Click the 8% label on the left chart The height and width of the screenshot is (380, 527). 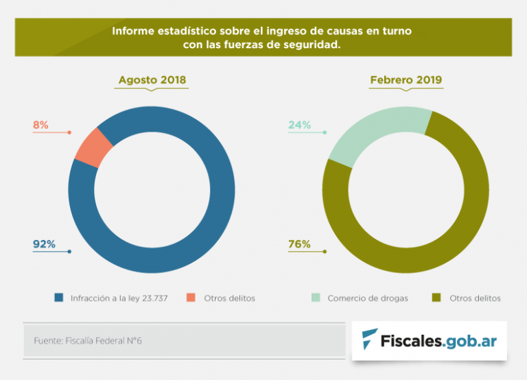40,125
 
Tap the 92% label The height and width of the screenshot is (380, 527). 44,244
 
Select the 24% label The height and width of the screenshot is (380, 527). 299,125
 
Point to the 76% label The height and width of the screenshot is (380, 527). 299,244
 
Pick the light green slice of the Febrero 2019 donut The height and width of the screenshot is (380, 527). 374,134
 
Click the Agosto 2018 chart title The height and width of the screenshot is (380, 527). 152,80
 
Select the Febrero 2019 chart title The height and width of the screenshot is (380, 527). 406,80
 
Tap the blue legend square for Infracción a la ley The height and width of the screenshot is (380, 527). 59,298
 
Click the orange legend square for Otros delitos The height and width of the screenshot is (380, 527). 191,298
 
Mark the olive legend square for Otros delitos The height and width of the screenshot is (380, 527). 436,298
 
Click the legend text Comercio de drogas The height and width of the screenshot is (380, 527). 368,298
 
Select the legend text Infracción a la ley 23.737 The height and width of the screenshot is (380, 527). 119,298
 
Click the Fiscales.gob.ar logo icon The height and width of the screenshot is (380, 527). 370,340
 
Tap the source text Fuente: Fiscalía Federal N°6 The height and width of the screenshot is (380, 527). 88,340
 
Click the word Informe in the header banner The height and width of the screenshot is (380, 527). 131,32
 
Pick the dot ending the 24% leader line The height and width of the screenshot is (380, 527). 325,132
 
